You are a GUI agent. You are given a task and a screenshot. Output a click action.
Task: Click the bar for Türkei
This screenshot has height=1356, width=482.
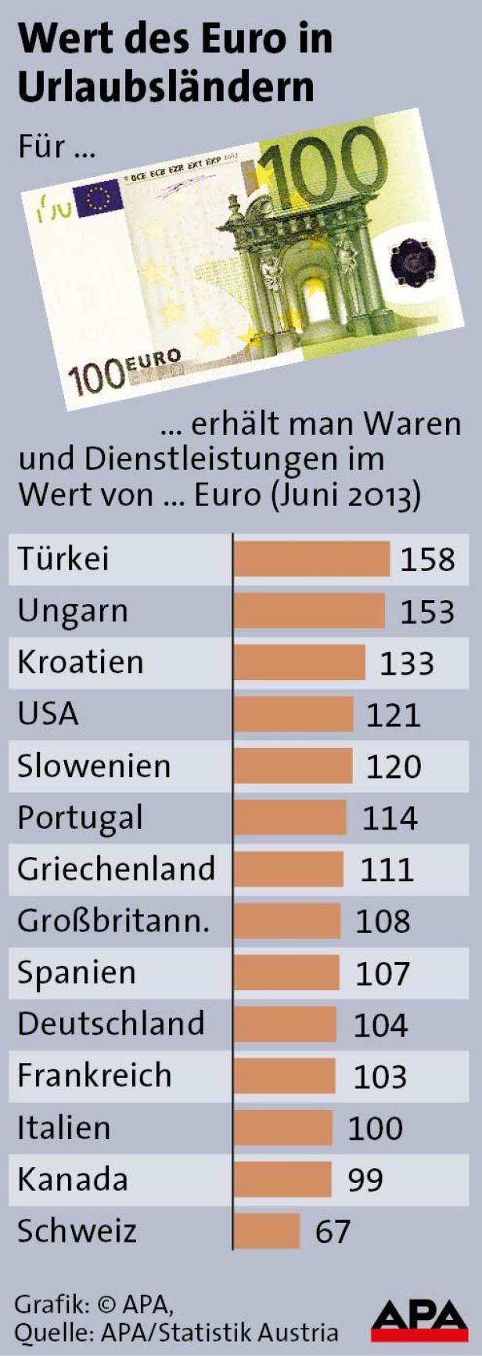tap(311, 559)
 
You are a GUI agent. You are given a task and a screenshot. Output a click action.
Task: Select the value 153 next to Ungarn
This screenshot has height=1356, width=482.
tap(427, 612)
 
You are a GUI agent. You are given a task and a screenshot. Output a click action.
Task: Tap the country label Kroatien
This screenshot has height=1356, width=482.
tap(81, 663)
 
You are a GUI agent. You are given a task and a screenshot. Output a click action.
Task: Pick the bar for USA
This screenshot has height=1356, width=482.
tap(293, 714)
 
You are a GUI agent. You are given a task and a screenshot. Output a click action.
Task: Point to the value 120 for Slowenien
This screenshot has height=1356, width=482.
tap(394, 766)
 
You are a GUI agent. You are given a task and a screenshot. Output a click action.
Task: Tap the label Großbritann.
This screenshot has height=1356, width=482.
tap(113, 921)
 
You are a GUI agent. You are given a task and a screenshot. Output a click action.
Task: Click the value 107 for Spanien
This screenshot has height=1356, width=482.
tap(383, 973)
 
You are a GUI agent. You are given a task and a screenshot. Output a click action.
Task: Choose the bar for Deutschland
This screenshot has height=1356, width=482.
tap(285, 1025)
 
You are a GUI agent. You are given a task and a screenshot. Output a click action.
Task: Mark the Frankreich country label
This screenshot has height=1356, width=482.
tap(94, 1076)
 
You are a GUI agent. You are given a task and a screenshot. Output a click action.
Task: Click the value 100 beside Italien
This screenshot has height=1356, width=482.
tap(376, 1128)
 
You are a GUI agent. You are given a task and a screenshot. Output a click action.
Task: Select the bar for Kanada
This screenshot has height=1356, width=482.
tap(282, 1179)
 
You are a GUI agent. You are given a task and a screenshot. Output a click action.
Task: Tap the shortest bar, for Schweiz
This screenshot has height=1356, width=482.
tap(267, 1231)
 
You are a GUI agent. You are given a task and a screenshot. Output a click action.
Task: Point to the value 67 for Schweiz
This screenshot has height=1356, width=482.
tap(333, 1231)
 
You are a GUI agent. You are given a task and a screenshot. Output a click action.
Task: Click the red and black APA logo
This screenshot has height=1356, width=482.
tap(419, 1319)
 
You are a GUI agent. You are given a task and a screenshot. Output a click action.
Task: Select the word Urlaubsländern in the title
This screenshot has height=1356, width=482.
tap(165, 87)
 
